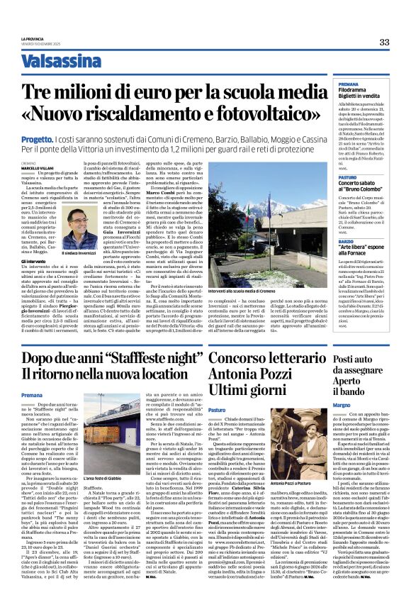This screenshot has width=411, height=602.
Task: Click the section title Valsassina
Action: pyautogui.click(x=55, y=63)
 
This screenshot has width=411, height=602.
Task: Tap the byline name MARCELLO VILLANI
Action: pyautogui.click(x=33, y=168)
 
